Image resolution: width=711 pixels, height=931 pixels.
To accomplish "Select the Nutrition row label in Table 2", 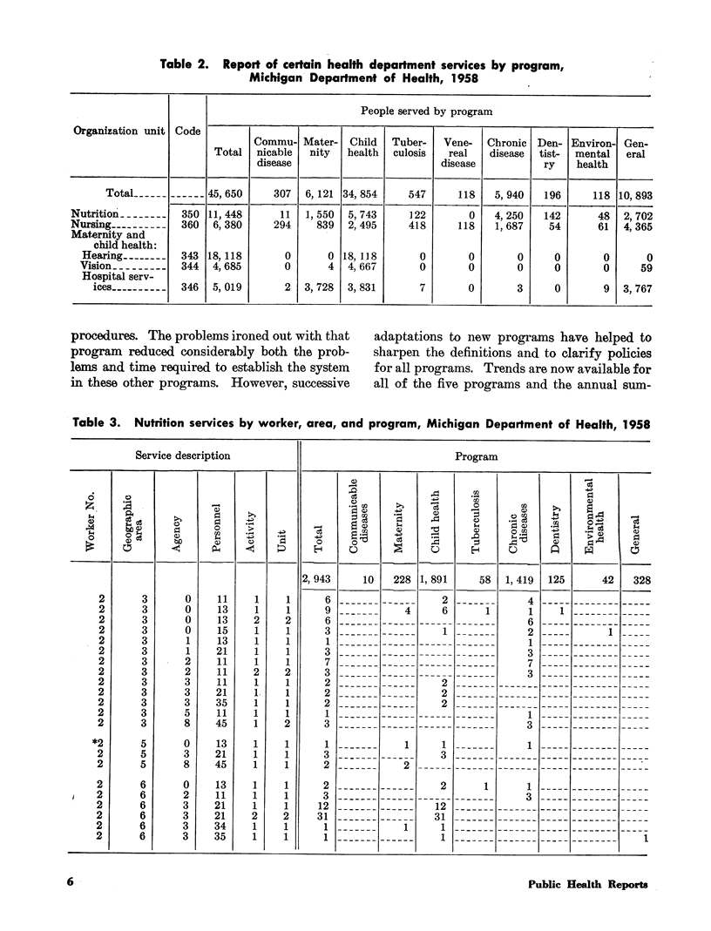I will [95, 213].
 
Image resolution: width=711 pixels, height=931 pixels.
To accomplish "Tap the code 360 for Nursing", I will [187, 225].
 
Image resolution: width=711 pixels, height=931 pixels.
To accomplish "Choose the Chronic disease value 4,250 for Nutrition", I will [507, 213].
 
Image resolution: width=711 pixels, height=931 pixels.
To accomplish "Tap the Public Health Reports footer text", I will [587, 884].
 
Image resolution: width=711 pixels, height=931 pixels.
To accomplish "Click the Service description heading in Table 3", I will [183, 455].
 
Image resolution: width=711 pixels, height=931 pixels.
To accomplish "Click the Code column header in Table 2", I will [187, 131].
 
